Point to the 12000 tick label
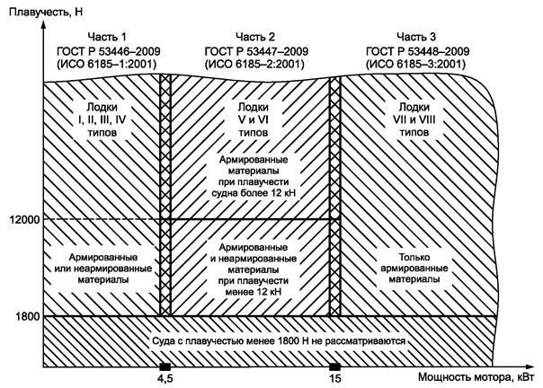coord(22,219)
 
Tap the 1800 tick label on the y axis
coord(24,316)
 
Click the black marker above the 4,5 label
coord(165,366)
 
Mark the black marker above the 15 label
coord(335,366)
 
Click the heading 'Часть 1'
coord(105,35)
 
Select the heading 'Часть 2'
coord(254,35)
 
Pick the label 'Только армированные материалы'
coord(414,267)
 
